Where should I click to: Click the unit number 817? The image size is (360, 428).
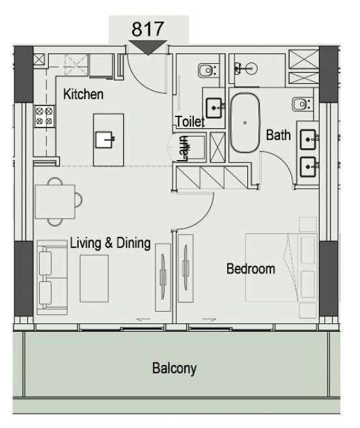coord(148,29)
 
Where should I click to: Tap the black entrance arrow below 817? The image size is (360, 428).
coord(148,47)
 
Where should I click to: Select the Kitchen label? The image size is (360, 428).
coord(83,94)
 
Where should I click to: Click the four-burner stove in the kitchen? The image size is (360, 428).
coord(44,116)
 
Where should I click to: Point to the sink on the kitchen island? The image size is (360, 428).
coord(104,139)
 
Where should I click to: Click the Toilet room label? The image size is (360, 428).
coord(190,122)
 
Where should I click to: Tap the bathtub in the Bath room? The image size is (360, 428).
coord(245,123)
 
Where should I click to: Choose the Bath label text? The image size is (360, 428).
coord(279,135)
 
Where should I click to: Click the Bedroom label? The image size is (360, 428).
coord(251,269)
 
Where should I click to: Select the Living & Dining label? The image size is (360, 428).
coord(111,243)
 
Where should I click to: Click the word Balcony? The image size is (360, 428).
coord(174,369)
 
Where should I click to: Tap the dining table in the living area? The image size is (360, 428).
coord(55,202)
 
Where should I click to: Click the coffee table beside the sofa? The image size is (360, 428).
coord(94,278)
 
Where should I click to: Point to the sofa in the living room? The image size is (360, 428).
coord(52,277)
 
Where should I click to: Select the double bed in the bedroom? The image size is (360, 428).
coord(281,267)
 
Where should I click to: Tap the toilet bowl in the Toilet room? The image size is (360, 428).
coord(207,71)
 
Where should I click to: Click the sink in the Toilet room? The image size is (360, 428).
coord(214,108)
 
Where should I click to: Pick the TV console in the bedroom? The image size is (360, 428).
coord(186,268)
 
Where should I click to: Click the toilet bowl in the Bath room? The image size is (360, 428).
coord(301,104)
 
